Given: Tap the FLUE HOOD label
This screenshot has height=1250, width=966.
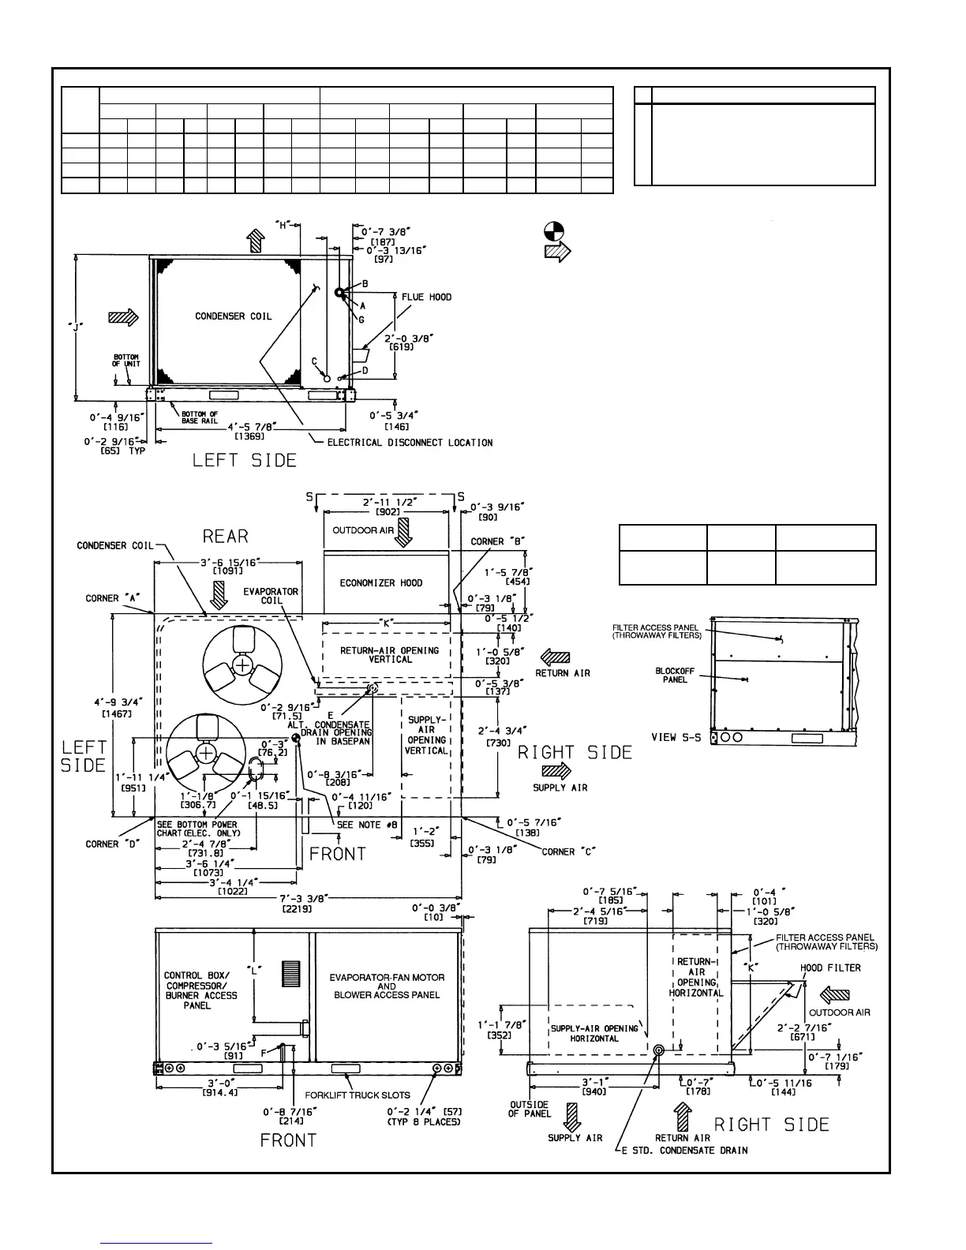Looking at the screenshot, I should click(426, 298).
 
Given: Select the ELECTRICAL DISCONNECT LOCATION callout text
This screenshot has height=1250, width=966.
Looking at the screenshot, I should click(410, 443).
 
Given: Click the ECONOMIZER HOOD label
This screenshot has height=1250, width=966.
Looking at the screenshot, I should click(381, 583).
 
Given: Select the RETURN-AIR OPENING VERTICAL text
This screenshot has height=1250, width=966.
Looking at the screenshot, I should click(389, 655).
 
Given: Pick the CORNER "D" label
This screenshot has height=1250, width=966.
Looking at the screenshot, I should click(113, 844).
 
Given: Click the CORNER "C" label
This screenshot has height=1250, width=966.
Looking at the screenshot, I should click(568, 851).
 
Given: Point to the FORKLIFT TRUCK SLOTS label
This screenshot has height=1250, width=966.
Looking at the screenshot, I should click(358, 1095).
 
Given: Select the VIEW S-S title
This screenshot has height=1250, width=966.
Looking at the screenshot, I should click(676, 738).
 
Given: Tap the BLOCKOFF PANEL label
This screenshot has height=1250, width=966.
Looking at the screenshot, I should click(675, 676).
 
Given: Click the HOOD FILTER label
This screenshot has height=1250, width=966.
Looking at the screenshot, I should click(830, 967).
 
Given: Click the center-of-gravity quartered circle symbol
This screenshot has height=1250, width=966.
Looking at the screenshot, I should click(554, 231).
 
